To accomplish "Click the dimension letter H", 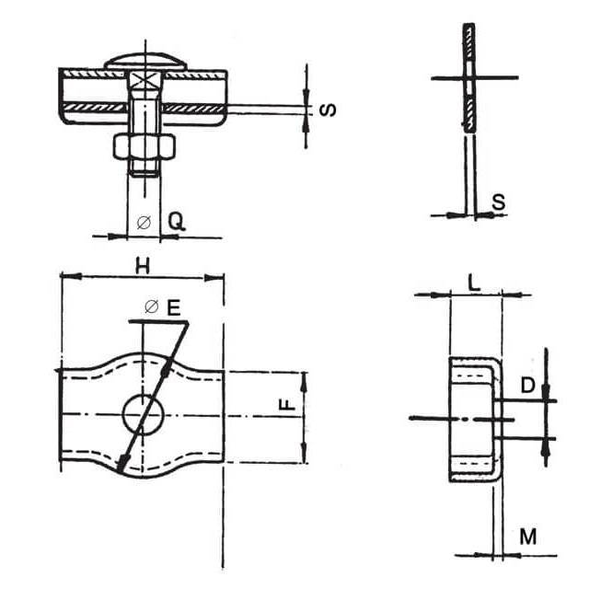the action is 143,266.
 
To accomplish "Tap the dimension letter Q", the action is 176,222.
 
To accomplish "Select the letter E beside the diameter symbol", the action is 174,307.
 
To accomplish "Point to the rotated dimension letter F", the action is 288,404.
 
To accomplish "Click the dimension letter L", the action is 475,283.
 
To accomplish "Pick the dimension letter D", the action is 527,385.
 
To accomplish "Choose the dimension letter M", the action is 528,537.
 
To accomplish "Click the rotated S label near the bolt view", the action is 328,110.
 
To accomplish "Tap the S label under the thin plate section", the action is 499,202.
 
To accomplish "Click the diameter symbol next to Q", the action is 144,223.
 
